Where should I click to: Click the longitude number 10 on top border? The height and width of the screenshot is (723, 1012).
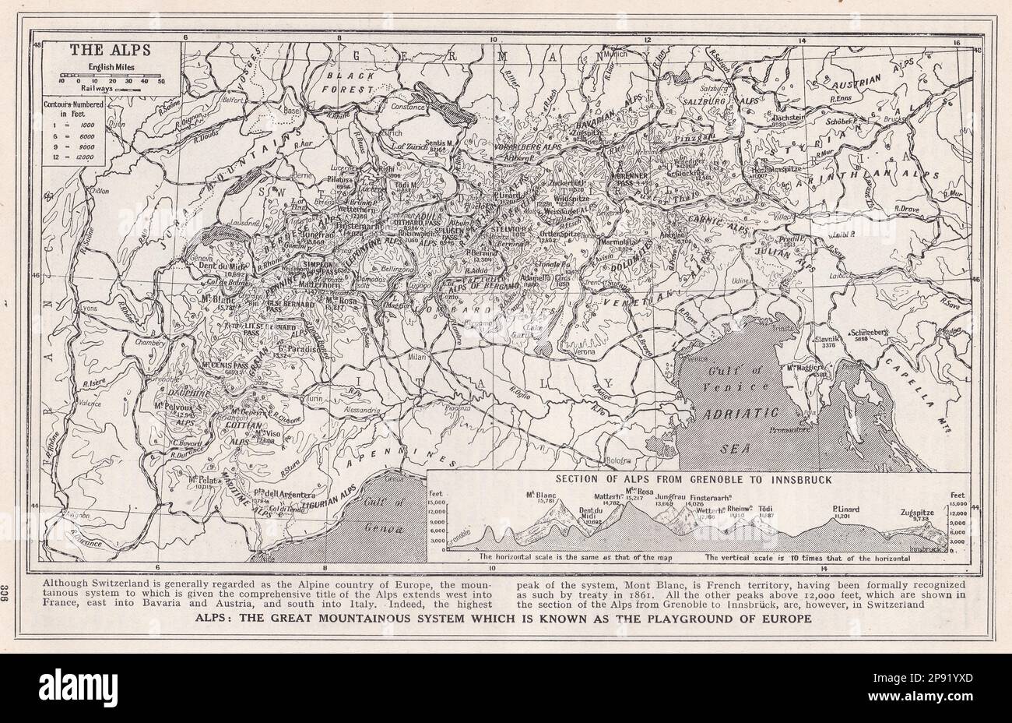coord(492,39)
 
